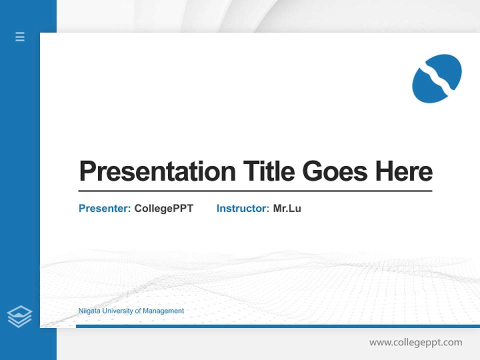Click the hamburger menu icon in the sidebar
20,36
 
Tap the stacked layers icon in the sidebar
19,316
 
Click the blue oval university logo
436,78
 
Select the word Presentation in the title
157,171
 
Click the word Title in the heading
268,171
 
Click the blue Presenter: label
104,208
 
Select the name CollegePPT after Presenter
163,208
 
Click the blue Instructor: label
242,208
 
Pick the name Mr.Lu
287,208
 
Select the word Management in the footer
163,311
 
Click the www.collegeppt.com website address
415,342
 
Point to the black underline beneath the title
255,191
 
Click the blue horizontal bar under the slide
277,326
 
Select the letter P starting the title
87,171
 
